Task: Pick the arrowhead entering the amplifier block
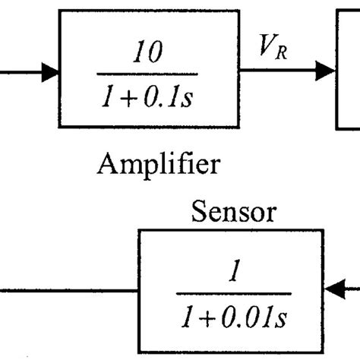tap(51, 72)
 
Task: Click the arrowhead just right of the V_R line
tap(327, 72)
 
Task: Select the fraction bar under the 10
tap(150, 74)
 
